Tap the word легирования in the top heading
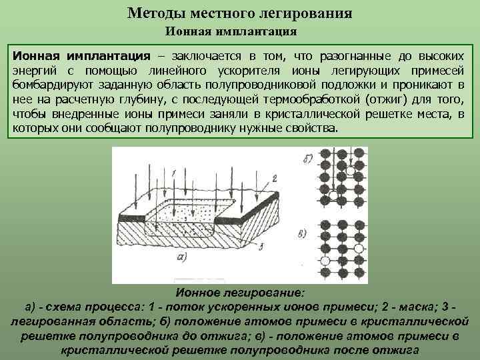[x=311, y=13]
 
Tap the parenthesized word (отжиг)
[x=387, y=100]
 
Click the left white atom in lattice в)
[x=325, y=260]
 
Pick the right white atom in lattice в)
[x=360, y=247]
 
